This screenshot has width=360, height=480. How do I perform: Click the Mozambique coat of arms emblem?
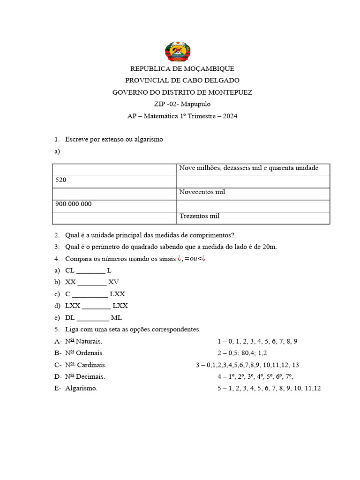179,52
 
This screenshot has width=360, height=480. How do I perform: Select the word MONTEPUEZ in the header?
230,92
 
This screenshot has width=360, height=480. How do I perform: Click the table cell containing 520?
114,181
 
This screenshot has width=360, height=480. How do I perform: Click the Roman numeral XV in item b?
113,282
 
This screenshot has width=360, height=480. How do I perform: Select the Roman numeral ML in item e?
116,317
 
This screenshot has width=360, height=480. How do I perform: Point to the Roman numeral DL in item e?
70,317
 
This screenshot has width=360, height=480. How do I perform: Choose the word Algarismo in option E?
81,388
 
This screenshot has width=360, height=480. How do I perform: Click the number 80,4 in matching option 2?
248,353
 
